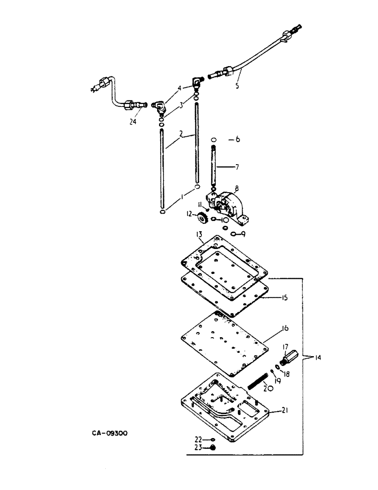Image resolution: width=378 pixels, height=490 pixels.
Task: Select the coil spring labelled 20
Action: pos(259,380)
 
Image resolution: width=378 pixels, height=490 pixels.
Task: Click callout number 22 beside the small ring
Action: pos(198,439)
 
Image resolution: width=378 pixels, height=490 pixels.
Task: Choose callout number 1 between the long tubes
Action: pos(182,196)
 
